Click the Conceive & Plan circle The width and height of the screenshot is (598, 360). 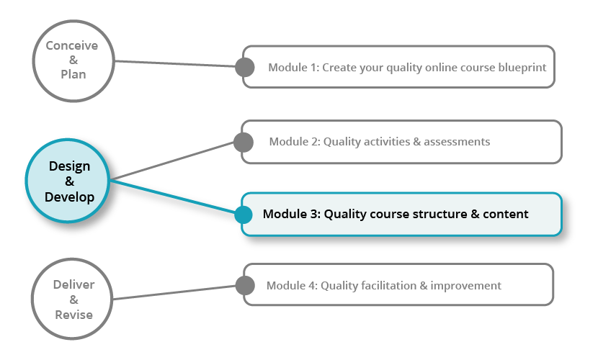[72, 60]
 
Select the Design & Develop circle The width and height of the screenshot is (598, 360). [69, 181]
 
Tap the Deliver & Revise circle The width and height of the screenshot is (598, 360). [73, 299]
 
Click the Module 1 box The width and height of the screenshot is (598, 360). [403, 68]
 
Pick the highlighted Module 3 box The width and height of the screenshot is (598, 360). [403, 214]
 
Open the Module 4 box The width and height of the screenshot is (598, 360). [403, 285]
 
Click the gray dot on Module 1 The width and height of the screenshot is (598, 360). [245, 68]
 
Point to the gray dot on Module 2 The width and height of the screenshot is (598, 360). [245, 142]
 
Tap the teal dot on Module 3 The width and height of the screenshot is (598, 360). [244, 214]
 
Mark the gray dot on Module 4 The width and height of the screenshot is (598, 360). [246, 285]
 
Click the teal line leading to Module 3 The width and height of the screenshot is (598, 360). [173, 197]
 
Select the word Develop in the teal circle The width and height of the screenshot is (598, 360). [69, 197]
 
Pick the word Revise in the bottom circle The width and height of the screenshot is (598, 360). [73, 315]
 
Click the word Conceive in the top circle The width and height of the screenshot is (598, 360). [72, 45]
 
